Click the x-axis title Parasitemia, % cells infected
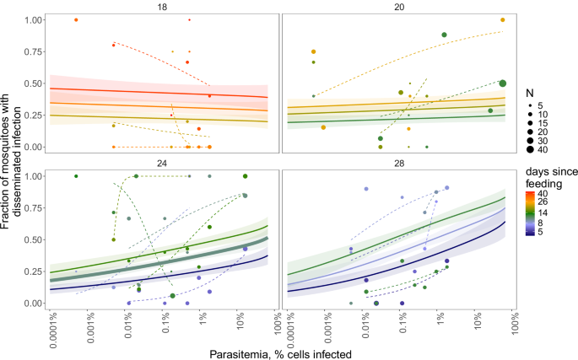point(281,353)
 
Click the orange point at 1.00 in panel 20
point(502,19)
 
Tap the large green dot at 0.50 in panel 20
point(502,83)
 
